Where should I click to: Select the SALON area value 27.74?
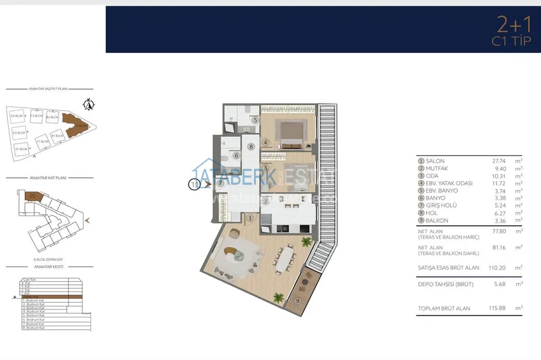coord(486,162)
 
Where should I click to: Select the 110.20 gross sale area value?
coord(485,268)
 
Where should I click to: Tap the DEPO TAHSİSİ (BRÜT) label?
coord(445,284)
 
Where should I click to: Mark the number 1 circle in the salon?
coord(249,218)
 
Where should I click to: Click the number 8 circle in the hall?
coord(251,147)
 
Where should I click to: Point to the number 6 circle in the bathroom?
coord(235,155)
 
